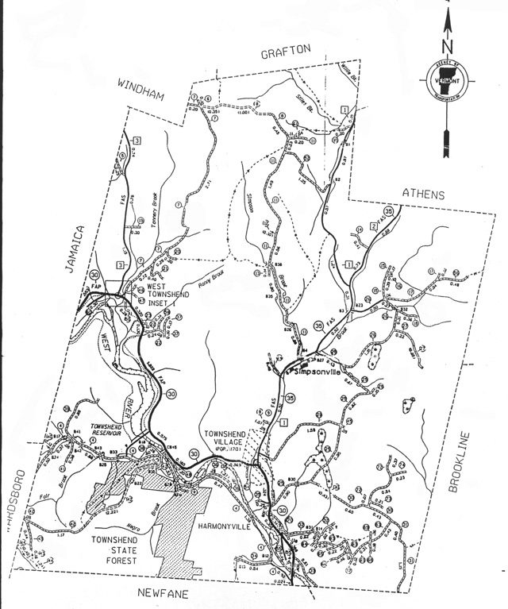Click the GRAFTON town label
point(283,52)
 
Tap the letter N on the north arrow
point(447,36)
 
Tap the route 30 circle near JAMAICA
point(95,276)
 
